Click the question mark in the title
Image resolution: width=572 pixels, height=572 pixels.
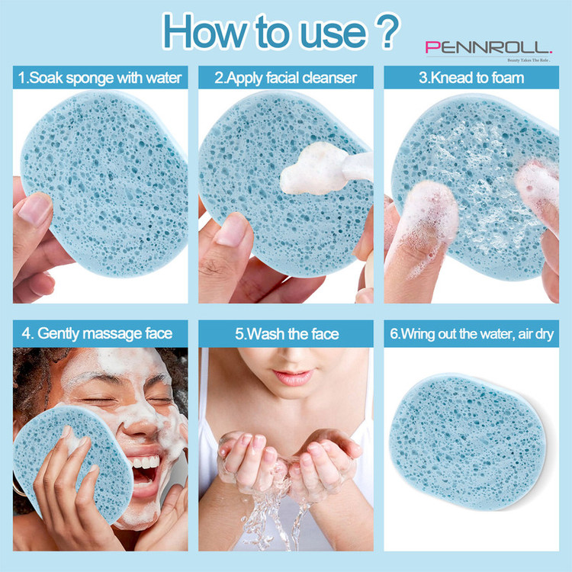pyautogui.click(x=387, y=31)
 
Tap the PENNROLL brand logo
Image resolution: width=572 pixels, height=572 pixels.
pyautogui.click(x=489, y=48)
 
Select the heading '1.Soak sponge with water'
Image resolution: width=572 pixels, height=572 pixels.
pyautogui.click(x=100, y=78)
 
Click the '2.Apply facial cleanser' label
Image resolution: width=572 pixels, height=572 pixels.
pyautogui.click(x=286, y=78)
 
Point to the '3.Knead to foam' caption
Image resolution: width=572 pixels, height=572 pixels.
pyautogui.click(x=471, y=78)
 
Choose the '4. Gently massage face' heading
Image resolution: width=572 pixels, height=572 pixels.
pyautogui.click(x=97, y=333)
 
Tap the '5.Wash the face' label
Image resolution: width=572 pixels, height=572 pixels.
pyautogui.click(x=287, y=334)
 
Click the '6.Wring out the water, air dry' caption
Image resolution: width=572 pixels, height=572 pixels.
pyautogui.click(x=471, y=334)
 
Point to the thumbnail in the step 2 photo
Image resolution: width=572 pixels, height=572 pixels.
pyautogui.click(x=232, y=229)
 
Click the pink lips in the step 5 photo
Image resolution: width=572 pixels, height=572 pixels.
pyautogui.click(x=293, y=377)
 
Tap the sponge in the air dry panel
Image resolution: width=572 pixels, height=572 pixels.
pyautogui.click(x=468, y=441)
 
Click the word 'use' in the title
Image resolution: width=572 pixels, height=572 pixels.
pyautogui.click(x=333, y=34)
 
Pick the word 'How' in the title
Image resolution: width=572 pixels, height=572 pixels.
pyautogui.click(x=204, y=31)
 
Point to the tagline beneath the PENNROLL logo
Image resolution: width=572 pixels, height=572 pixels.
pyautogui.click(x=529, y=60)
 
